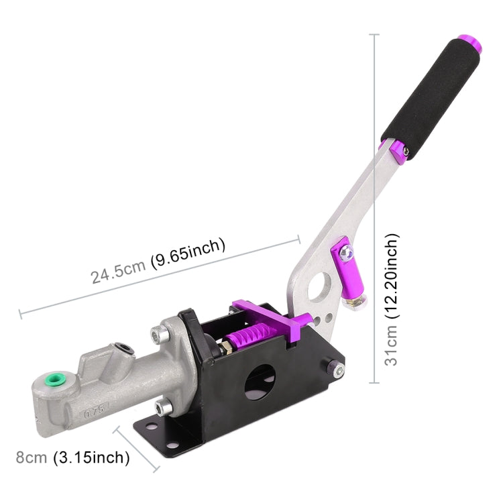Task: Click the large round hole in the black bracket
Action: click(259, 383)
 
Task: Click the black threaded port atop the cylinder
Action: click(123, 349)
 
